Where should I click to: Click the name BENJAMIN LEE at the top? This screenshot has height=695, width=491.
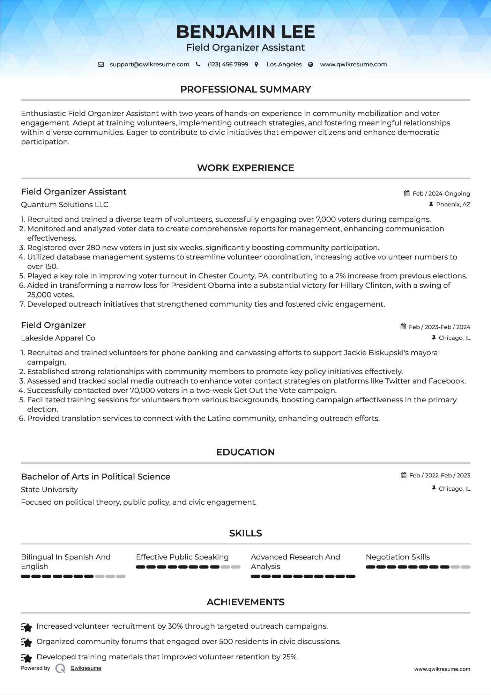pyautogui.click(x=245, y=32)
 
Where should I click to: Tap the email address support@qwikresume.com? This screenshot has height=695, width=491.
pyautogui.click(x=149, y=65)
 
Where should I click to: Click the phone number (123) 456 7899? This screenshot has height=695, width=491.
pyautogui.click(x=228, y=65)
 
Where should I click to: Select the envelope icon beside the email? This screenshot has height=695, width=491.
pyautogui.click(x=101, y=65)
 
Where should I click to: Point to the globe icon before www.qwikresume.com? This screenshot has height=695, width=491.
pyautogui.click(x=311, y=65)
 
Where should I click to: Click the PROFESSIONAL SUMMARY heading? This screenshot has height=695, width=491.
pyautogui.click(x=245, y=89)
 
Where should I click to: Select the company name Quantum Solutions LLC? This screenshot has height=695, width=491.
pyautogui.click(x=65, y=205)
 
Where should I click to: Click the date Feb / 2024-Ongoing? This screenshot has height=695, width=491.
pyautogui.click(x=441, y=193)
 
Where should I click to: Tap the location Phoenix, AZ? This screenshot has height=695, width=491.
pyautogui.click(x=453, y=205)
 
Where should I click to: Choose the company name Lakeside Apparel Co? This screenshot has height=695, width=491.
pyautogui.click(x=58, y=338)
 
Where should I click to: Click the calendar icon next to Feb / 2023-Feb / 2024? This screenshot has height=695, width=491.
pyautogui.click(x=403, y=327)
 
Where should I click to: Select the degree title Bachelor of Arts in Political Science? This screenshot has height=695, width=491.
pyautogui.click(x=96, y=477)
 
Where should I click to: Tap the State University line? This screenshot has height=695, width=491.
pyautogui.click(x=49, y=490)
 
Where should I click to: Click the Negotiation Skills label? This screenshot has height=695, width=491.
pyautogui.click(x=397, y=557)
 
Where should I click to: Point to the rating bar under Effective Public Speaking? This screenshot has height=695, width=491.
pyautogui.click(x=188, y=567)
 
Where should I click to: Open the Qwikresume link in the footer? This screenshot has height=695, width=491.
pyautogui.click(x=86, y=668)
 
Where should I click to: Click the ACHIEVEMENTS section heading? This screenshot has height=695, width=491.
pyautogui.click(x=245, y=602)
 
